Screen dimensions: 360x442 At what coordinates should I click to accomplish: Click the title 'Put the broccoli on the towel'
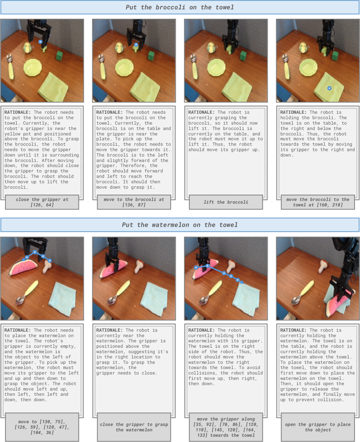tap(180, 8)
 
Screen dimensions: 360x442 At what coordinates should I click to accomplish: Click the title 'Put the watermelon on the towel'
tap(180, 225)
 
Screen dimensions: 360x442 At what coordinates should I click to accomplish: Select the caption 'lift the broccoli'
tap(226, 202)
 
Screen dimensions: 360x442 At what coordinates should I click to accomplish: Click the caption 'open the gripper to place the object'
tap(318, 427)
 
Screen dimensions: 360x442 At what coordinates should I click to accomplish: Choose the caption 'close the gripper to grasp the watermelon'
tap(134, 427)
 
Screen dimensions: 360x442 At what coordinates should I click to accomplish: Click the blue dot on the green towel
tap(329, 88)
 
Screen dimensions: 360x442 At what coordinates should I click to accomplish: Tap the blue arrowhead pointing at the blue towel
tap(242, 282)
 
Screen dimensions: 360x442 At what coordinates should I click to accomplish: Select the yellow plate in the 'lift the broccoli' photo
tap(217, 68)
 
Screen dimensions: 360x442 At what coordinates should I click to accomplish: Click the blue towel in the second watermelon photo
tap(154, 299)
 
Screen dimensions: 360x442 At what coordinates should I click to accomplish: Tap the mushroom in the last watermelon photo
tap(323, 266)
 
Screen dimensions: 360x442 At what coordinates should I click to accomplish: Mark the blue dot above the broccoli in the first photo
tap(40, 42)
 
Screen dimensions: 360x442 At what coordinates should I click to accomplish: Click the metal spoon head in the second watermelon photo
tap(112, 300)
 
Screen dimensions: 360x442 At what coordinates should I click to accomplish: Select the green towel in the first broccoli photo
tap(53, 87)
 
